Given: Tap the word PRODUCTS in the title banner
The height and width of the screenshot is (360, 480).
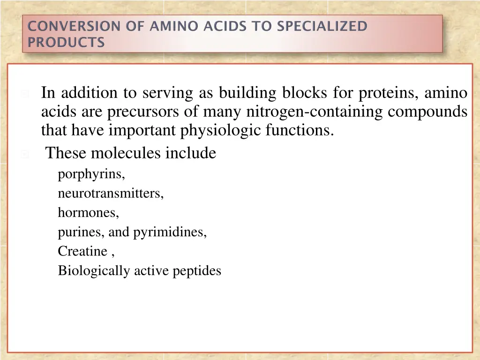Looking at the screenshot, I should pos(66,43).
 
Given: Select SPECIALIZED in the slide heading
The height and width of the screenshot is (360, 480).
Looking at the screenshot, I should pos(322,26).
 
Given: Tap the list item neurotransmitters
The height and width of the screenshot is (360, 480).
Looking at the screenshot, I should pos(111,194).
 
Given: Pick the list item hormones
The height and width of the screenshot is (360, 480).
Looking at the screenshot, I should pos(88,213).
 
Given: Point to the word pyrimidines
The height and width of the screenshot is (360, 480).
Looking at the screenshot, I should pos(170,232).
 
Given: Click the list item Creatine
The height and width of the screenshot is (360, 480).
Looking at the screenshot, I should pos(82,251).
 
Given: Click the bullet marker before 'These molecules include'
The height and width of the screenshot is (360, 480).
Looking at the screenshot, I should pos(24,154).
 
